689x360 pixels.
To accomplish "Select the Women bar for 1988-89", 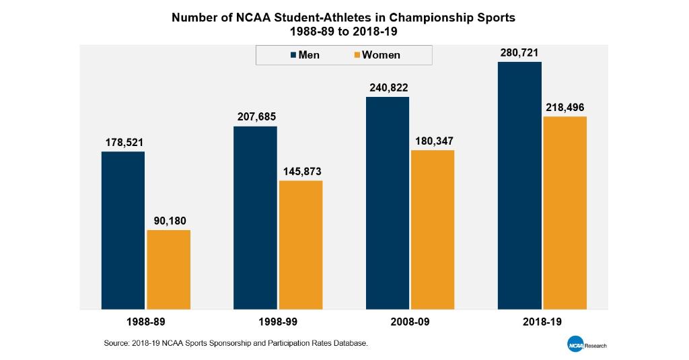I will (168, 269).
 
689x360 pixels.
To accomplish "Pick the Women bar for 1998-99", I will (300, 245).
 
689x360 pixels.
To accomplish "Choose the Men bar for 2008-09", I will (387, 203).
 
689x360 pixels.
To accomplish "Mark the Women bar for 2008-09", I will (432, 229).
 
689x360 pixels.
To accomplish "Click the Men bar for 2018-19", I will (519, 185).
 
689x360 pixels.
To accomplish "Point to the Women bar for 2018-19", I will (565, 213).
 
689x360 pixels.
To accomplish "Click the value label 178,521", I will (124, 143).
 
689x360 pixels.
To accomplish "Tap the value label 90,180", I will (168, 220).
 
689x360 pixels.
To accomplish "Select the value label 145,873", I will (301, 171).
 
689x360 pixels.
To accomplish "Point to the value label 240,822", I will (388, 87).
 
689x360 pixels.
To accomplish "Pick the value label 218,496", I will (565, 107).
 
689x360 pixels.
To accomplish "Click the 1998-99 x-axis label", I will (278, 322).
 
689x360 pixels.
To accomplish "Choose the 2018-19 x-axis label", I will (542, 322).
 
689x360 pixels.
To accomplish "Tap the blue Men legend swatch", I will (293, 55).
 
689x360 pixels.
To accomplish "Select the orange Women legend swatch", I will (357, 55).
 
